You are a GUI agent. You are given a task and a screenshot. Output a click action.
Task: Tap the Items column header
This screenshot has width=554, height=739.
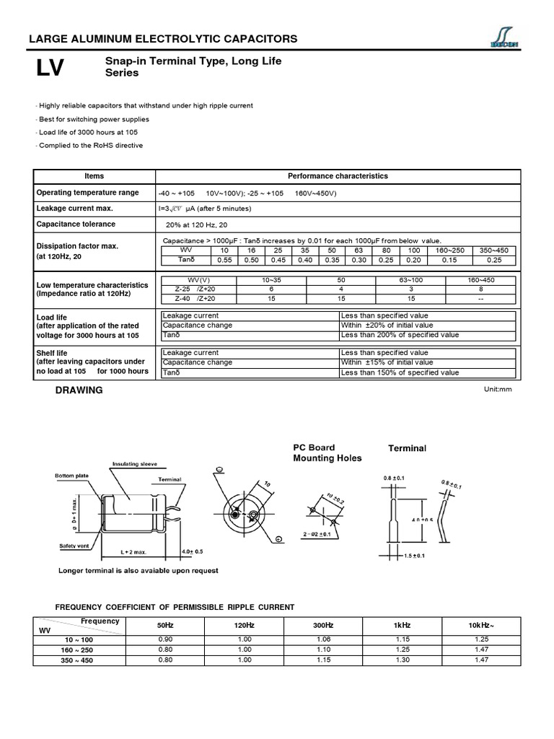[x=94, y=176]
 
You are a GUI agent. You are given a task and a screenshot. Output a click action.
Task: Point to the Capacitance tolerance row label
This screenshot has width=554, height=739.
[x=76, y=224]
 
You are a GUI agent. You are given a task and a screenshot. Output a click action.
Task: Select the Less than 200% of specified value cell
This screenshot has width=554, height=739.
[x=400, y=335]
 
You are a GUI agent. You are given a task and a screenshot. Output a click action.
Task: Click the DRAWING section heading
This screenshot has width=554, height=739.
[x=79, y=390]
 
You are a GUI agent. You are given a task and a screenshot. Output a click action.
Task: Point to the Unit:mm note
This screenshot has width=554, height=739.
[x=497, y=389]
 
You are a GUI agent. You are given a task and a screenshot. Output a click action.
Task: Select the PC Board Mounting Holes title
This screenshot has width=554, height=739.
[x=327, y=453]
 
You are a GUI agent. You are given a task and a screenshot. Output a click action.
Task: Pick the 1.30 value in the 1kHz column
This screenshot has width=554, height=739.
[x=403, y=659]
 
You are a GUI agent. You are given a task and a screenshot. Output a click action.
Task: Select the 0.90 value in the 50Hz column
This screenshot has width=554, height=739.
[x=165, y=639]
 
